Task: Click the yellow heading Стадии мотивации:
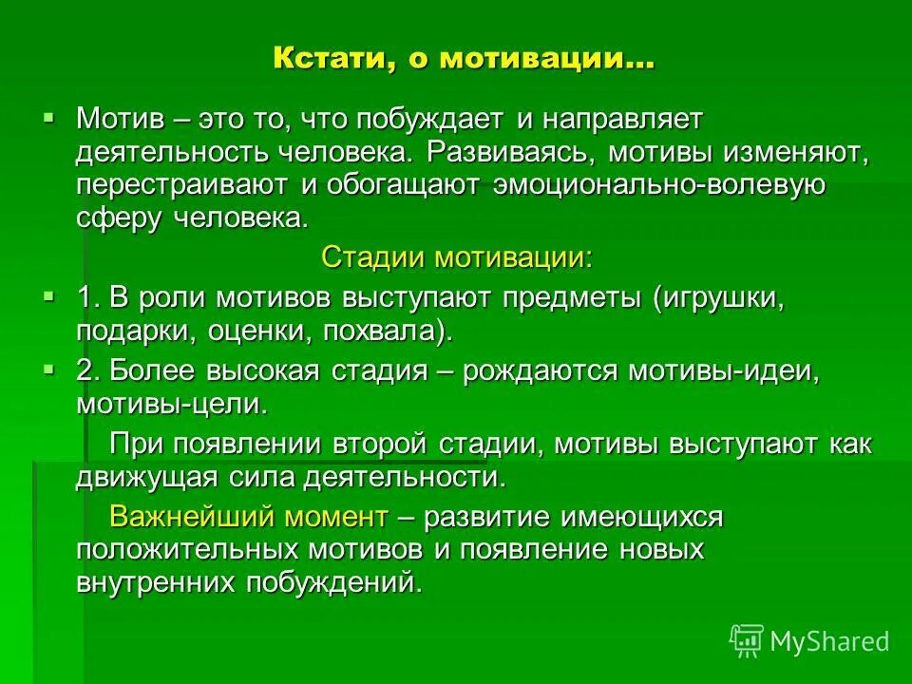tap(456, 257)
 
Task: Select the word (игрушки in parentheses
tap(717, 298)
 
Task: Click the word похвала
tap(389, 332)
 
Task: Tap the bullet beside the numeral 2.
tap(49, 367)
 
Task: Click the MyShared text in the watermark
tap(829, 641)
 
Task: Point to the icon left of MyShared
tap(747, 641)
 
